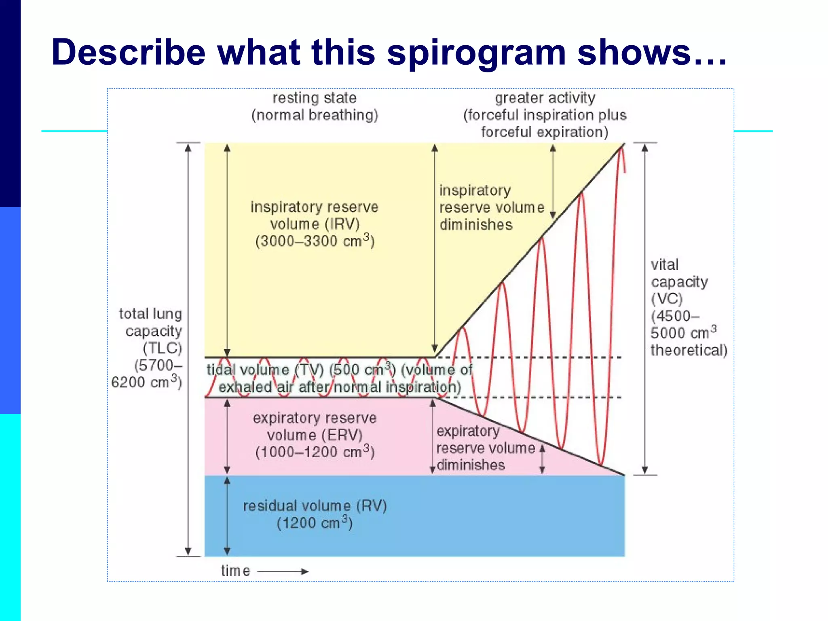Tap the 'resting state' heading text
pos(314,98)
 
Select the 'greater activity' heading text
pos(545,98)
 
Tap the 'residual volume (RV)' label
pos(315,506)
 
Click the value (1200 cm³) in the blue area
pos(315,523)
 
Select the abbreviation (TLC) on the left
pos(162,348)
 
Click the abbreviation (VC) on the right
pos(667,299)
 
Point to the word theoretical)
pos(689,350)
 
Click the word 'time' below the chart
pos(235,571)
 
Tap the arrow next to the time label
pos(283,571)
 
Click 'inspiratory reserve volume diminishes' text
pos(491,207)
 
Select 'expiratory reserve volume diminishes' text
pos(485,448)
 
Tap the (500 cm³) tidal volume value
pos(362,370)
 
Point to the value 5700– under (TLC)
pos(158,365)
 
